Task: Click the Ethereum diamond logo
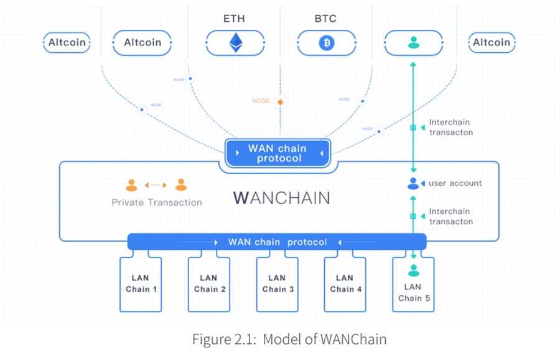click(235, 43)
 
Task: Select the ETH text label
click(234, 19)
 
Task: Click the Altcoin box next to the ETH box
click(142, 43)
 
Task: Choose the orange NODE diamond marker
click(280, 101)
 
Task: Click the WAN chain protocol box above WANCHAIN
click(278, 153)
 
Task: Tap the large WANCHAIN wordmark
click(282, 198)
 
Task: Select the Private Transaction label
click(156, 202)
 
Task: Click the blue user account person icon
click(413, 183)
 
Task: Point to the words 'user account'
click(455, 183)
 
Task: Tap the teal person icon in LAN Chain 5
click(413, 270)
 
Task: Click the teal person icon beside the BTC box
click(413, 43)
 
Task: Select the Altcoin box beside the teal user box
click(492, 43)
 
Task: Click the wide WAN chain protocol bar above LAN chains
click(277, 242)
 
